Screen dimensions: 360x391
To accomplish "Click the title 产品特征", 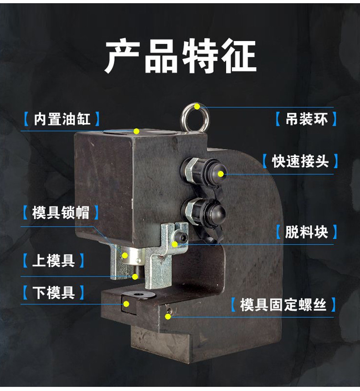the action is tap(180, 57).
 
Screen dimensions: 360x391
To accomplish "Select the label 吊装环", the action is tap(306, 119).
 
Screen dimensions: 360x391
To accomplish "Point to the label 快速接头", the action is tap(300, 161).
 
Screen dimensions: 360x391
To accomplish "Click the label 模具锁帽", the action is tap(61, 212).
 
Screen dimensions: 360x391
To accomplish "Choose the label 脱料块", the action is tap(306, 232).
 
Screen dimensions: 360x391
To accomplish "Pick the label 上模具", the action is tap(53, 261).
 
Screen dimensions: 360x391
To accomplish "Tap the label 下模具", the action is tap(53, 292).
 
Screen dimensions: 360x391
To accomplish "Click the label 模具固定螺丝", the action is tap(283, 304).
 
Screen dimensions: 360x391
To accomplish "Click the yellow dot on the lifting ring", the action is tap(197, 107).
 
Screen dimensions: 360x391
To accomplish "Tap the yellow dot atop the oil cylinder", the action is tap(136, 131).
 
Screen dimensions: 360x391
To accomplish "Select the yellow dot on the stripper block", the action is tap(175, 244).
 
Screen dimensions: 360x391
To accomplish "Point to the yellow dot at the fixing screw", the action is tap(169, 316).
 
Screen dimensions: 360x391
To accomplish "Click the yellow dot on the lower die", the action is tap(127, 304).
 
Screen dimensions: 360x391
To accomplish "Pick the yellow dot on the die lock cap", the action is tap(123, 255).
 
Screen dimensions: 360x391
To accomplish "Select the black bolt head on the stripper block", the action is tap(182, 237).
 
